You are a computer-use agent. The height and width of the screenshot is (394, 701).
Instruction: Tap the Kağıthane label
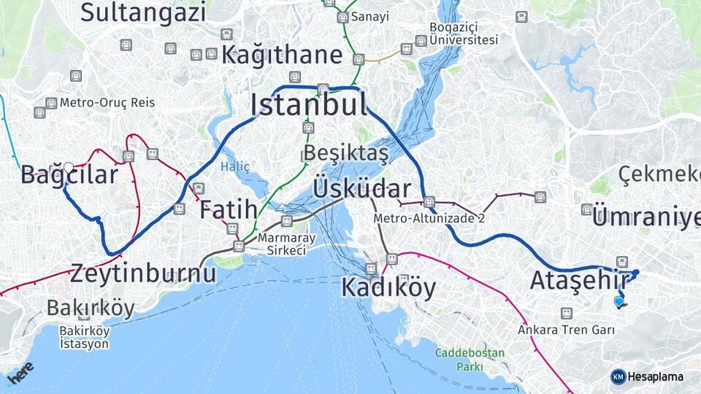282,55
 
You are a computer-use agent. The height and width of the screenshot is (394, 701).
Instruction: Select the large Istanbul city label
309,105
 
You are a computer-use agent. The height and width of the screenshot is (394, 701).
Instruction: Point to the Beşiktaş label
345,153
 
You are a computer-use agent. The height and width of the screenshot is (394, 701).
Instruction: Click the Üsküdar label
361,188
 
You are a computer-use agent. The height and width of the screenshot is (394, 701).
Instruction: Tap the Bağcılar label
69,175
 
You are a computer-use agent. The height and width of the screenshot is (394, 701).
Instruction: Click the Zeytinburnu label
143,274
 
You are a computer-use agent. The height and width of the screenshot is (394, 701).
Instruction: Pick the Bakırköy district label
91,308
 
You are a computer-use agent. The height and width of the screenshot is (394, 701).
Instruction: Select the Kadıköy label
388,287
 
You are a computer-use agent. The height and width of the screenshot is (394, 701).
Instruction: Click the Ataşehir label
581,279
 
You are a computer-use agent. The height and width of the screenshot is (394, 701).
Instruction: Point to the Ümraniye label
646,217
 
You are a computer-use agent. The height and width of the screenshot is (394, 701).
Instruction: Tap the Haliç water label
235,167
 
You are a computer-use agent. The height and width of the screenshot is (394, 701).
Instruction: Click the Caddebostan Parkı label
470,360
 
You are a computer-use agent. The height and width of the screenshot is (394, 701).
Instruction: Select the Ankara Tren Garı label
566,330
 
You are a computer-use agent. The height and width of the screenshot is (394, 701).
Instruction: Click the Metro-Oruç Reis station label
107,102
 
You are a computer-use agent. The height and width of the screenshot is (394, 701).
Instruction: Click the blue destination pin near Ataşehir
619,301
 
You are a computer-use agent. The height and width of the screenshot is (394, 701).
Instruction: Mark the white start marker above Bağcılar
69,168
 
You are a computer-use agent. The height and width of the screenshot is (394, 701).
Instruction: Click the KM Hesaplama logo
647,376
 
